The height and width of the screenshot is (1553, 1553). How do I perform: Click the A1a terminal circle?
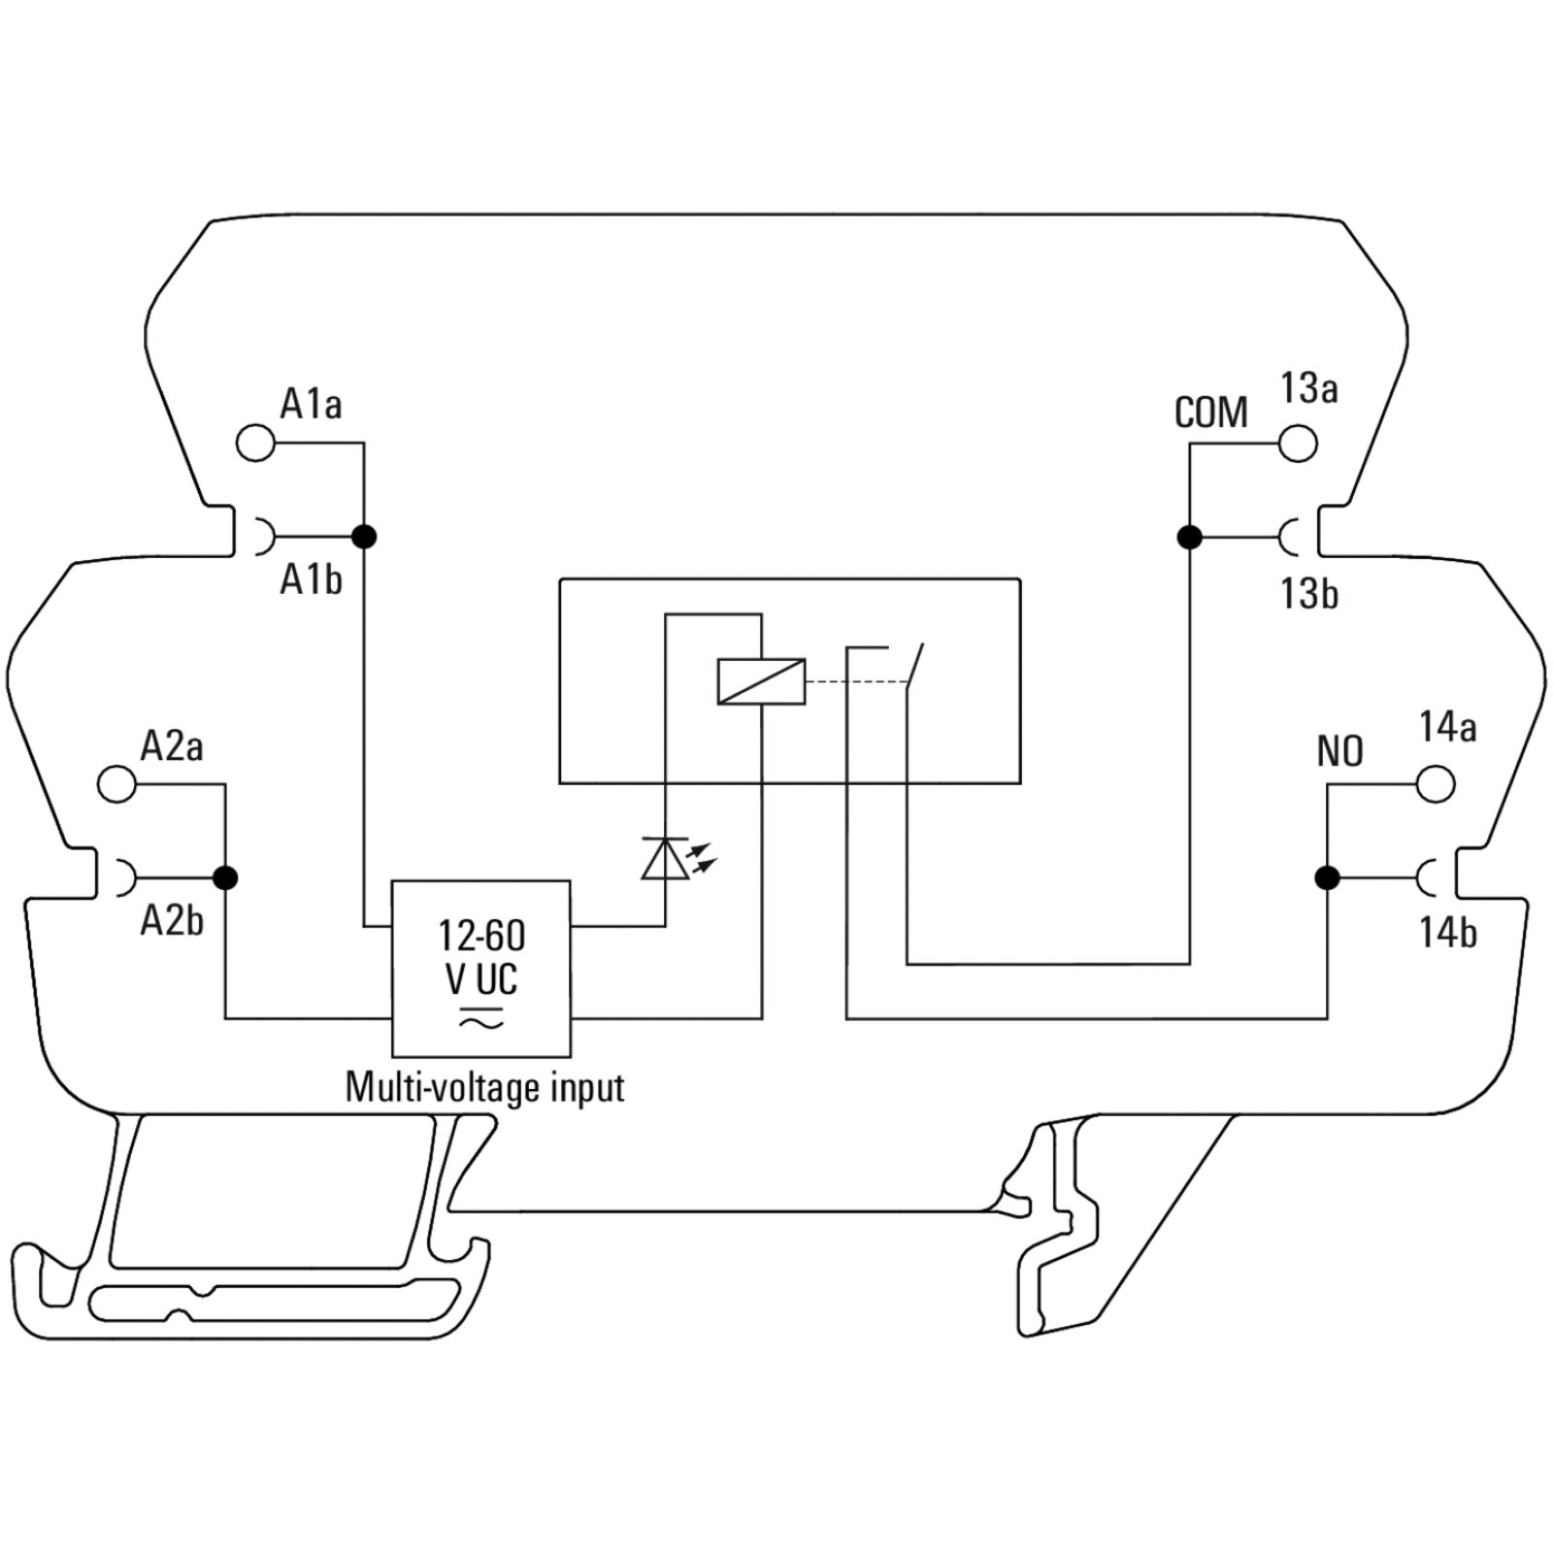[x=255, y=443]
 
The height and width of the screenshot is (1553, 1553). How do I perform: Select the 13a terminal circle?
[x=1298, y=443]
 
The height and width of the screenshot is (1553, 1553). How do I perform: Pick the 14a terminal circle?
[x=1436, y=783]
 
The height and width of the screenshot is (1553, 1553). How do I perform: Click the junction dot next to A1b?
[x=364, y=536]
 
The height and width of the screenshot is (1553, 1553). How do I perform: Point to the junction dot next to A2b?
[x=225, y=877]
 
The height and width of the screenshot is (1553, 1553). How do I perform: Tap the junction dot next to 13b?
[x=1189, y=536]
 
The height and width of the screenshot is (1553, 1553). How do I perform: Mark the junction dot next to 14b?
[x=1327, y=877]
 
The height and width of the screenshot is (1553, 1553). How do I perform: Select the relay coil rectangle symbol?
[x=761, y=680]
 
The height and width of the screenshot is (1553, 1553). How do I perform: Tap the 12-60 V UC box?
[x=480, y=968]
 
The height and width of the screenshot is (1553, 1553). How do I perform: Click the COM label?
[x=1210, y=413]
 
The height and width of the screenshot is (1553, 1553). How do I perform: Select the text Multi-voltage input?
[x=484, y=1087]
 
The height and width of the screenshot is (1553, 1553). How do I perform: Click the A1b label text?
[x=311, y=579]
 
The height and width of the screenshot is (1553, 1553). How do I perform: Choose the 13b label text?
[x=1309, y=593]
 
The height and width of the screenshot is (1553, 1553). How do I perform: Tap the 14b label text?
[x=1447, y=933]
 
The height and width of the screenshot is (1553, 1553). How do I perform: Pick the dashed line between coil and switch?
[x=857, y=681]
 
